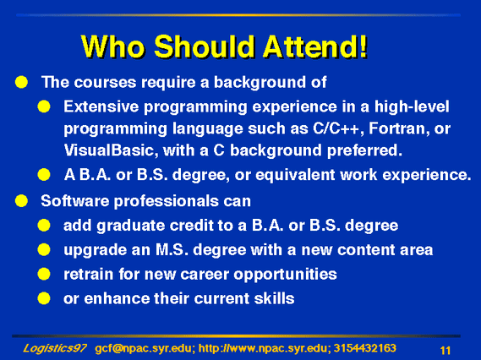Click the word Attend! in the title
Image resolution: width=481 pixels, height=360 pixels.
315,46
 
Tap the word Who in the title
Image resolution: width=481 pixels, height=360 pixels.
112,46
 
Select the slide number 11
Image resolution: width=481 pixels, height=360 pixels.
445,350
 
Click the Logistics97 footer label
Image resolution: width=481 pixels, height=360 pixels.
55,348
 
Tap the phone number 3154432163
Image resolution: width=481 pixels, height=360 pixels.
364,348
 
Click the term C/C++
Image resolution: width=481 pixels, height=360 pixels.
336,128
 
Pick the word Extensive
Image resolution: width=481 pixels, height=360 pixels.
101,106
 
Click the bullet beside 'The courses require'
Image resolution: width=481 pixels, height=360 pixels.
21,82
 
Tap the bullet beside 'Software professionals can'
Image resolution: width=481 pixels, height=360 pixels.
21,201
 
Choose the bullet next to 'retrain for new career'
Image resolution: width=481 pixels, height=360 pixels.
44,274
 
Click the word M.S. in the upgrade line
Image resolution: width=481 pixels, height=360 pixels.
172,249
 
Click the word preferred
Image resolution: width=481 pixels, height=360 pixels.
364,150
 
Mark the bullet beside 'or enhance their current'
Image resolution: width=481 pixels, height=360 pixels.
44,298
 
